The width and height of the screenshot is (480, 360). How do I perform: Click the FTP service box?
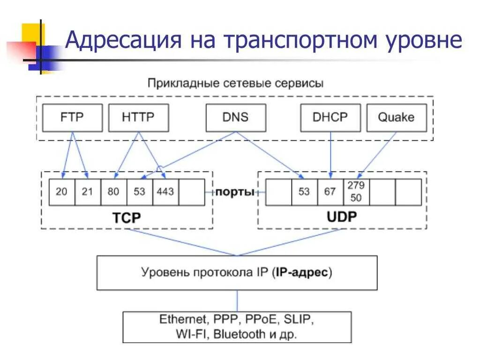(72, 117)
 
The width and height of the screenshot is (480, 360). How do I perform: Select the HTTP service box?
(138, 117)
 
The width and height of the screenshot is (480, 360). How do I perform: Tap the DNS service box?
(236, 117)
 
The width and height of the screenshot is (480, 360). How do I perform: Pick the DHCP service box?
(330, 117)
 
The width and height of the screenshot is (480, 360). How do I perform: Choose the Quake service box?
(396, 117)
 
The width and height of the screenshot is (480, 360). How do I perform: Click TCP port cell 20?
(62, 192)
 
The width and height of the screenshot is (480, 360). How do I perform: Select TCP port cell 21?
(88, 192)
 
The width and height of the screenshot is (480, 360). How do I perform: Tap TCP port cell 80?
(114, 192)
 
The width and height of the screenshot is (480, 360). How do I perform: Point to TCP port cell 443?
(165, 192)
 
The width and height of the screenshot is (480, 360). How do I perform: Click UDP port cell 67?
(330, 192)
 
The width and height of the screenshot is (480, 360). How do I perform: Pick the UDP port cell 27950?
(356, 191)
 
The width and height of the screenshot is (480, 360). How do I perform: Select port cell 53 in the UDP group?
(304, 192)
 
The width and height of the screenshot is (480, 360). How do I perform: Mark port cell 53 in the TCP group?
(140, 192)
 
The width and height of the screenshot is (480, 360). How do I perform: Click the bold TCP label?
(126, 217)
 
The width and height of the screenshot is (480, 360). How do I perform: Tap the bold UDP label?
(342, 217)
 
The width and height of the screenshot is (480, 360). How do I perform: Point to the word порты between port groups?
(235, 192)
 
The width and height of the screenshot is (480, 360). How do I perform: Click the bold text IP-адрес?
(302, 272)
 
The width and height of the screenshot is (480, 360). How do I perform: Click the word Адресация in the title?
(123, 40)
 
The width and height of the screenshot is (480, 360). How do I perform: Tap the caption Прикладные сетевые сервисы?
(235, 84)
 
